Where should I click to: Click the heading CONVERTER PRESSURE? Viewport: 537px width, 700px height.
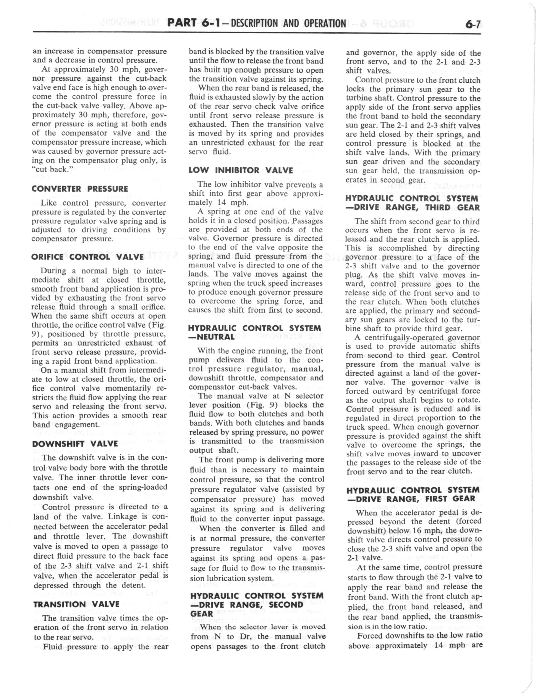(x=80, y=189)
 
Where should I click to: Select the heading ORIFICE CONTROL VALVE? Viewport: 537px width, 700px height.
(x=87, y=257)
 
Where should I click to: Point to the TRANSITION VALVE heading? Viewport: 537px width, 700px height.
(x=76, y=604)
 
